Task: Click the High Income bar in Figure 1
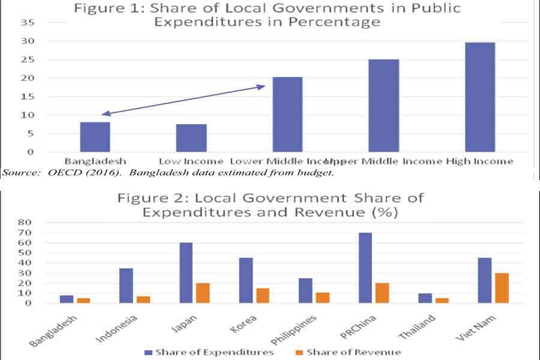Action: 480,97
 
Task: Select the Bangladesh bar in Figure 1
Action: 95,137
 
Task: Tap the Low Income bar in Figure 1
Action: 191,138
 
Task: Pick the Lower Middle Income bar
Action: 287,114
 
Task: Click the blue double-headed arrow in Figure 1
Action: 184,100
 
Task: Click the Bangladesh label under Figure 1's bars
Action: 95,161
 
